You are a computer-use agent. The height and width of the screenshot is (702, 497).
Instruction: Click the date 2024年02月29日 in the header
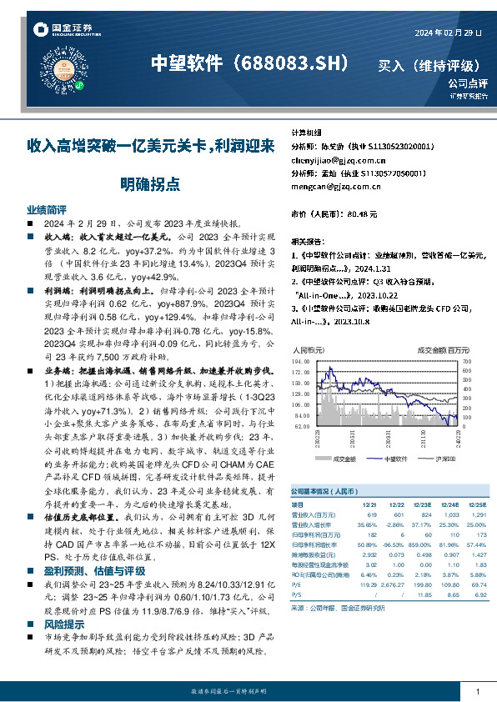448,33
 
